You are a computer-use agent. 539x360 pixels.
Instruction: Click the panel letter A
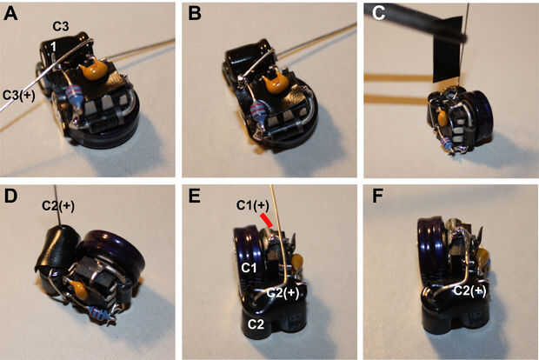(10, 14)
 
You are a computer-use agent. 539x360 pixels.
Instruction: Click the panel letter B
(195, 14)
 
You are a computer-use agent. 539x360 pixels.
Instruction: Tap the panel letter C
(378, 13)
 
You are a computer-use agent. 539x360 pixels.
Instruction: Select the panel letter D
(10, 197)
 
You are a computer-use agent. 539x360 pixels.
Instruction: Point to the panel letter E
(194, 197)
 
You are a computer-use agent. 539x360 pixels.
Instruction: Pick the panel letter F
(377, 197)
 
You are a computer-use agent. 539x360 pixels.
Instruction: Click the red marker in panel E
(266, 220)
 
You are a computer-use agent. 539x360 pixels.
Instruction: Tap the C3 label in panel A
(61, 26)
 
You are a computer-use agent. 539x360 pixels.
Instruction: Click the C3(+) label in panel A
(19, 96)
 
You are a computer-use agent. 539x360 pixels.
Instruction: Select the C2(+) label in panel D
(58, 205)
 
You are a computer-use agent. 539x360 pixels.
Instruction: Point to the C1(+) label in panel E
(253, 205)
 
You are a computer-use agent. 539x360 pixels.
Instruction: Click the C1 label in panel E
(249, 268)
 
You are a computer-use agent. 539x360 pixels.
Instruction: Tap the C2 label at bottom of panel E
(256, 323)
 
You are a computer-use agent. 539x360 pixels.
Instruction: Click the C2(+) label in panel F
(470, 290)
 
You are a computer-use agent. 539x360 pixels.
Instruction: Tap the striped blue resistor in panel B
(257, 111)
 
